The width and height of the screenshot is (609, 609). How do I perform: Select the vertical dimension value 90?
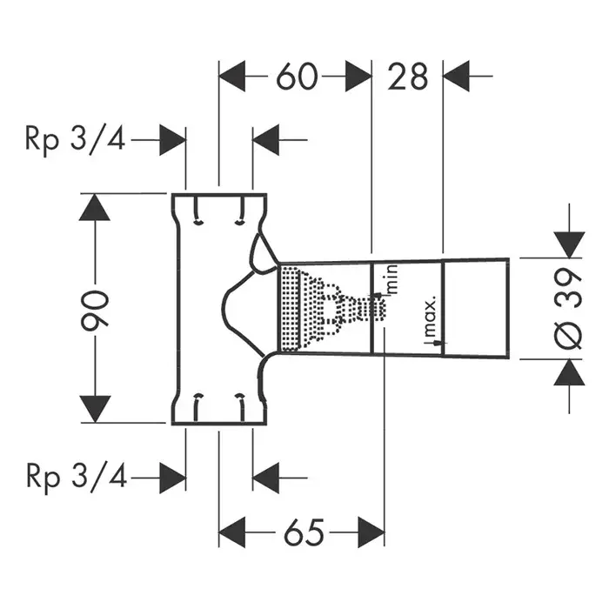(95, 308)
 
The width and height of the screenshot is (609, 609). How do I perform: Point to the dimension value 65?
(301, 530)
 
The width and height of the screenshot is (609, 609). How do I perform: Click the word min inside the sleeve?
(391, 280)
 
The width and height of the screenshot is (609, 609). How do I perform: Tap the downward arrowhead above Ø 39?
(569, 244)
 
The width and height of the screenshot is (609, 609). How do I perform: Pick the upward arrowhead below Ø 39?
(569, 373)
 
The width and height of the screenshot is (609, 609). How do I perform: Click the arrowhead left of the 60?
(231, 77)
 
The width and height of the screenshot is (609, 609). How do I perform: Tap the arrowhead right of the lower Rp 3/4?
(173, 476)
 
